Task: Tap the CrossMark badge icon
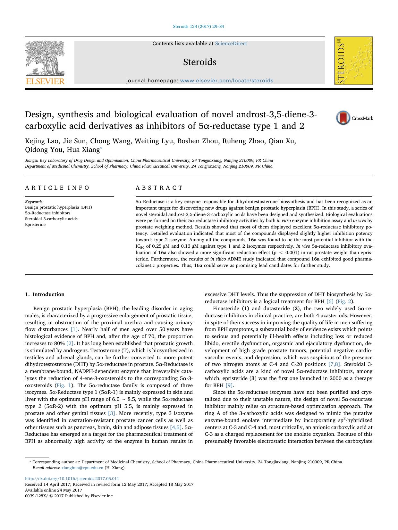343,118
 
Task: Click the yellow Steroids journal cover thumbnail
353,61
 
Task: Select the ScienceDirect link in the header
231,44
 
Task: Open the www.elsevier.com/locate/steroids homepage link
227,81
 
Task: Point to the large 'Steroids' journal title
199,62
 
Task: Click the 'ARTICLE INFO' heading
57,188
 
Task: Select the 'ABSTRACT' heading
159,188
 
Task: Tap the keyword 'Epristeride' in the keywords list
35,224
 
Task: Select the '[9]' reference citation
229,385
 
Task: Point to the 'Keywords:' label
34,202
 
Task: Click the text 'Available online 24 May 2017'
54,490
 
